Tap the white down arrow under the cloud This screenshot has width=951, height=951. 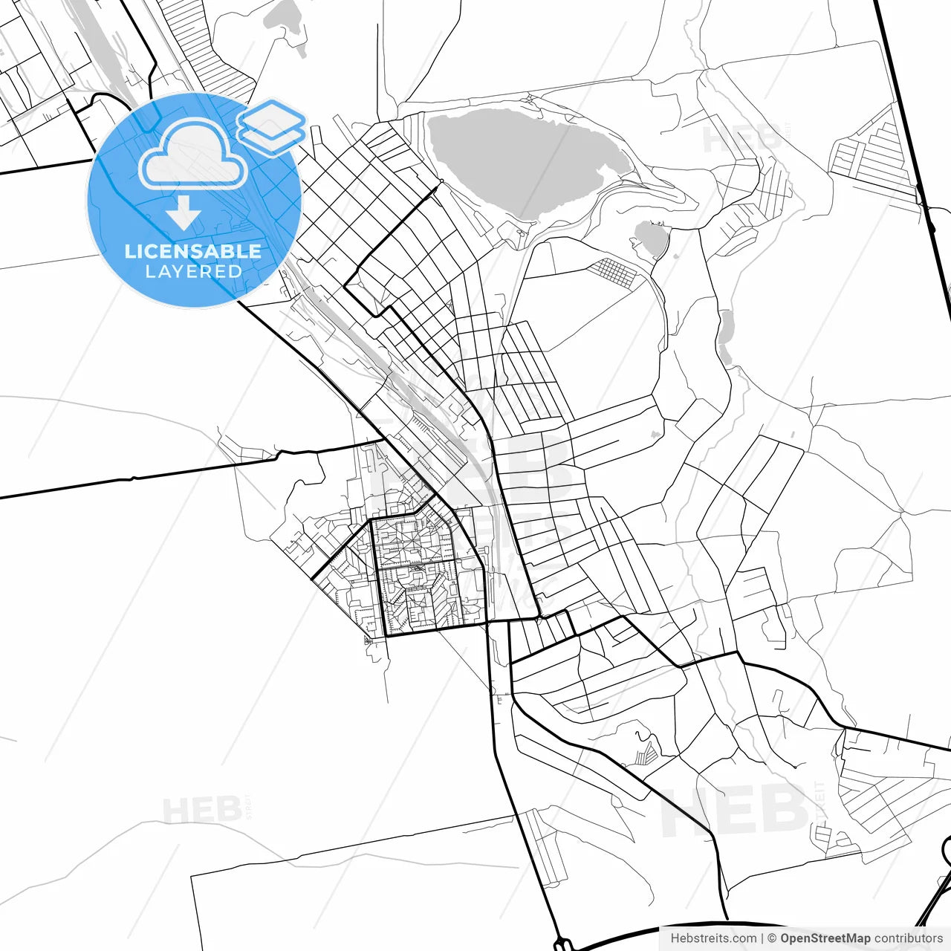point(184,213)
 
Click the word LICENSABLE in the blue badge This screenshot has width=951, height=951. point(193,251)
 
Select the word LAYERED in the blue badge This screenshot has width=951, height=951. point(193,272)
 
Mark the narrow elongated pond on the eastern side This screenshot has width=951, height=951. point(725,338)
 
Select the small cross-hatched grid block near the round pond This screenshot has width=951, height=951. point(614,272)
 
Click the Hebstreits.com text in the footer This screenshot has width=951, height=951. point(713,938)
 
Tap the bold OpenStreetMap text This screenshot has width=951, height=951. point(825,938)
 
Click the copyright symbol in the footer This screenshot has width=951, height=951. point(772,938)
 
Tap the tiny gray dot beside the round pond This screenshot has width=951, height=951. point(675,256)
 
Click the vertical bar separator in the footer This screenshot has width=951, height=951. point(763,938)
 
